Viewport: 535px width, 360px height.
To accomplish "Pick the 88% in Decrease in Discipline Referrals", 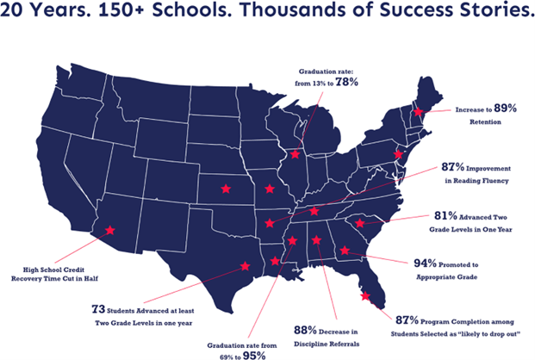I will click(x=305, y=329).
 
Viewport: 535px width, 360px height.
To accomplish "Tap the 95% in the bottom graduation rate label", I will click(x=253, y=355).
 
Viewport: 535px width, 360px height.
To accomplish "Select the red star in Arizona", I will click(x=109, y=230).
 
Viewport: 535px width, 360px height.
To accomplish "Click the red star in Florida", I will click(x=365, y=296).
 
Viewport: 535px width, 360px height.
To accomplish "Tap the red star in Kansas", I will click(x=226, y=187).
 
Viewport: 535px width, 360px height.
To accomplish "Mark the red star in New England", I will click(x=418, y=112).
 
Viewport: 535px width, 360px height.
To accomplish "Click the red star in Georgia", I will click(x=345, y=251).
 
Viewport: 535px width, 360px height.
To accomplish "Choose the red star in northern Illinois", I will click(x=295, y=155).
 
